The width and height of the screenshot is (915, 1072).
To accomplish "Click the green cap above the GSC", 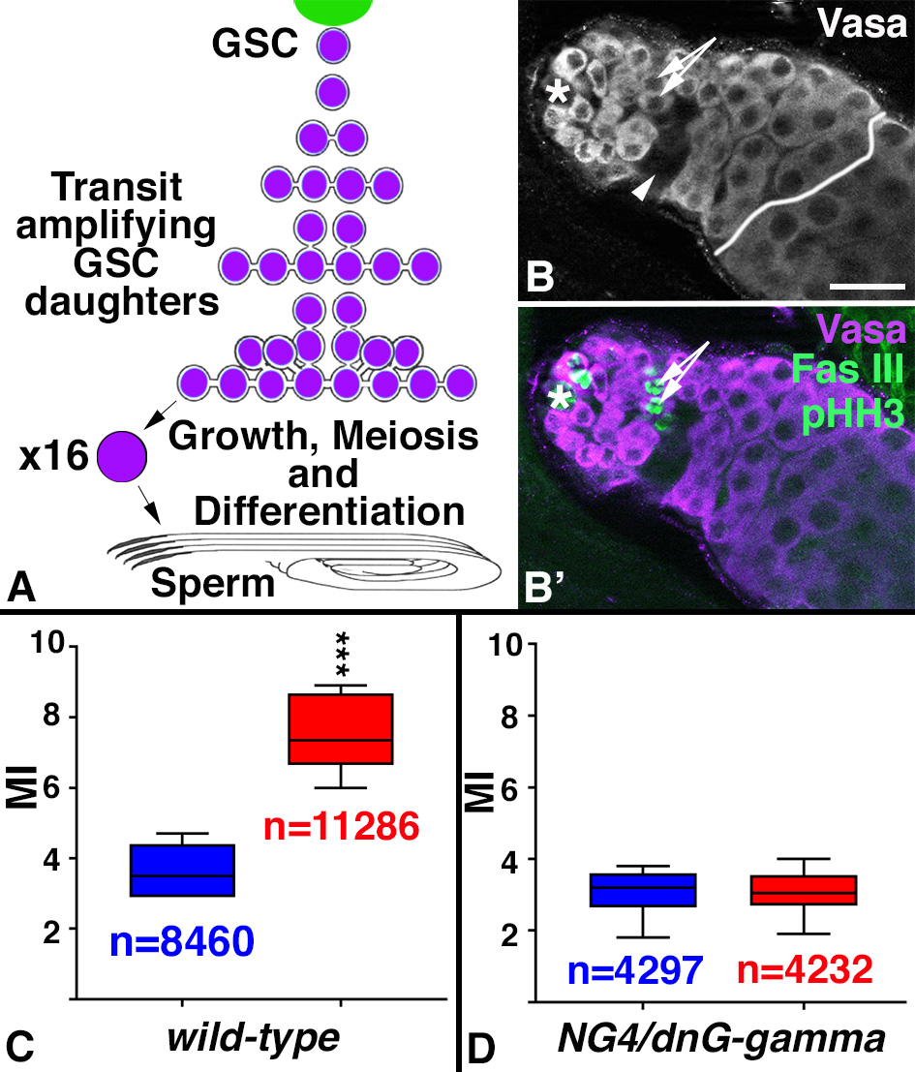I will [x=335, y=10].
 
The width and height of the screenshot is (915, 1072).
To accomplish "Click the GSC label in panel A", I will [x=258, y=45].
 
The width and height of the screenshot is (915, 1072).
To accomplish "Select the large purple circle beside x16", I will [x=123, y=456].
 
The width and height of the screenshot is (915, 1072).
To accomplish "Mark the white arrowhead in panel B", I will [x=641, y=195].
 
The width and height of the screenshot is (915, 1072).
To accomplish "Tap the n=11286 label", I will [x=341, y=825].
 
